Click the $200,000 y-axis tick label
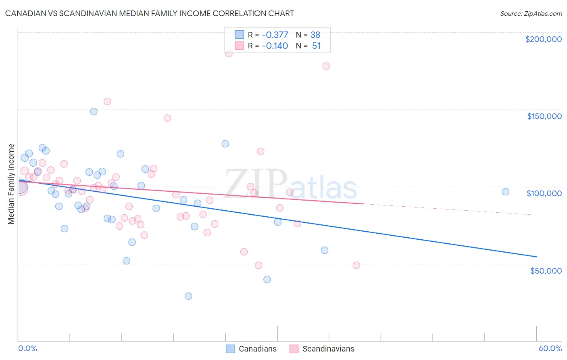pos(543,39)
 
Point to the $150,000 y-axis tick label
pos(544,116)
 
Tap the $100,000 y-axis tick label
pos(544,193)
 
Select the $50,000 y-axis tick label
pos(546,270)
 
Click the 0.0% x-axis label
pos(27,348)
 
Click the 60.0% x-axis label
pos(550,348)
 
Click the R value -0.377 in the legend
pos(275,35)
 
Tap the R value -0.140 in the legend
pos(275,46)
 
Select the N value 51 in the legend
pos(316,46)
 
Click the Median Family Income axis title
pos(11,184)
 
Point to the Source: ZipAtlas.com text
pos(531,13)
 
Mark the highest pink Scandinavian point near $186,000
pos(229,53)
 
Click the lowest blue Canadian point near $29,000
pos(188,296)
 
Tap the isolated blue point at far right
pos(505,192)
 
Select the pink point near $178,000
pos(326,66)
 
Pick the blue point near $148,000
pos(94,111)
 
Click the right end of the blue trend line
pos(536,257)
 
